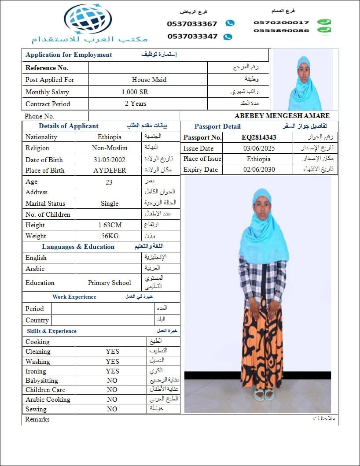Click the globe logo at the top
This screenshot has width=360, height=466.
tap(88, 19)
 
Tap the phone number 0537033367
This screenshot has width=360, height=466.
tap(192, 24)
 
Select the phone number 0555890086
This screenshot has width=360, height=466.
tap(281, 30)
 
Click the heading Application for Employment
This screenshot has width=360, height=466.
tap(69, 55)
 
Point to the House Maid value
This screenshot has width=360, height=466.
tap(149, 80)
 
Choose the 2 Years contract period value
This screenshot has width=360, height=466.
tap(136, 104)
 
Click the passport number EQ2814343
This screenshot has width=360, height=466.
tap(259, 137)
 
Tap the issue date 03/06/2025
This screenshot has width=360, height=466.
tap(259, 148)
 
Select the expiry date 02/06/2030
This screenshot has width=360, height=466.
tap(259, 170)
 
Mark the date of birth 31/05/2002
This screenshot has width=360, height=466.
tap(109, 160)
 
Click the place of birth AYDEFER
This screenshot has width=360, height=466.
tap(110, 170)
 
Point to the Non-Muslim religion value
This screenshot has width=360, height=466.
tap(110, 148)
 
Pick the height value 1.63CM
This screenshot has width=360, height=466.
tap(110, 225)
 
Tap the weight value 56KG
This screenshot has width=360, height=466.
tap(110, 236)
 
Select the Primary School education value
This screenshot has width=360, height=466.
tap(110, 283)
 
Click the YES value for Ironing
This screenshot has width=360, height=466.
tap(112, 371)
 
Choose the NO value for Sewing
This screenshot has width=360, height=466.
tap(112, 409)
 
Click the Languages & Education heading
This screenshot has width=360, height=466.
tap(78, 247)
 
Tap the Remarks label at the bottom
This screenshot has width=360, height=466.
tap(37, 419)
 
